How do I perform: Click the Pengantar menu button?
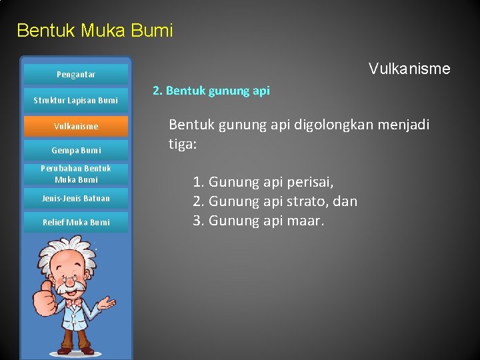tap(75, 75)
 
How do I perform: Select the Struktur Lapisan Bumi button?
tap(75, 101)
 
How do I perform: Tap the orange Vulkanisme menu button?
tap(75, 126)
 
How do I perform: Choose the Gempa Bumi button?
tap(75, 151)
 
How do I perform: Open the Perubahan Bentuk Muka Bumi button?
tap(75, 174)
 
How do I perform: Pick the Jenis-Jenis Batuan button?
tap(75, 198)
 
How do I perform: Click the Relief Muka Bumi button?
tap(75, 222)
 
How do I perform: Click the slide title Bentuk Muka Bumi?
tap(95, 31)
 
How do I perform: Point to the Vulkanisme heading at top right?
tap(409, 69)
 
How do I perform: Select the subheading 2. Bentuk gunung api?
tap(211, 91)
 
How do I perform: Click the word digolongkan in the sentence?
tap(327, 125)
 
